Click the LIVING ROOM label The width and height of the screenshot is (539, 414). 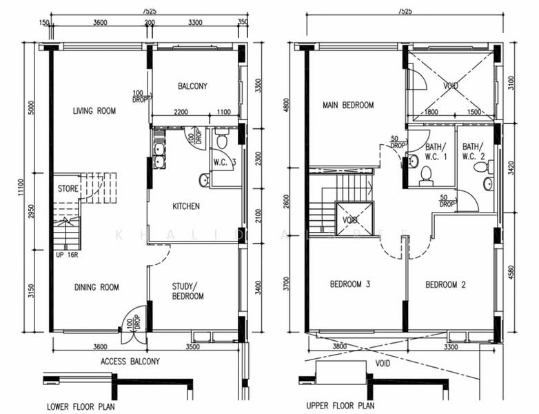tap(94, 110)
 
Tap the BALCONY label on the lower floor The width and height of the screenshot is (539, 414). tap(192, 86)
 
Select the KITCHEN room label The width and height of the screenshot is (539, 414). tap(186, 206)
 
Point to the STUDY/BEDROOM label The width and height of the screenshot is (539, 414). tap(187, 290)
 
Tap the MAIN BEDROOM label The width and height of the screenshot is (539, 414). tap(348, 106)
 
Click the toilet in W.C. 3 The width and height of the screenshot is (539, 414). tap(221, 141)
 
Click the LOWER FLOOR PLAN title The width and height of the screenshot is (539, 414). tap(81, 406)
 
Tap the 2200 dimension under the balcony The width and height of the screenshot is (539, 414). tap(181, 112)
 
